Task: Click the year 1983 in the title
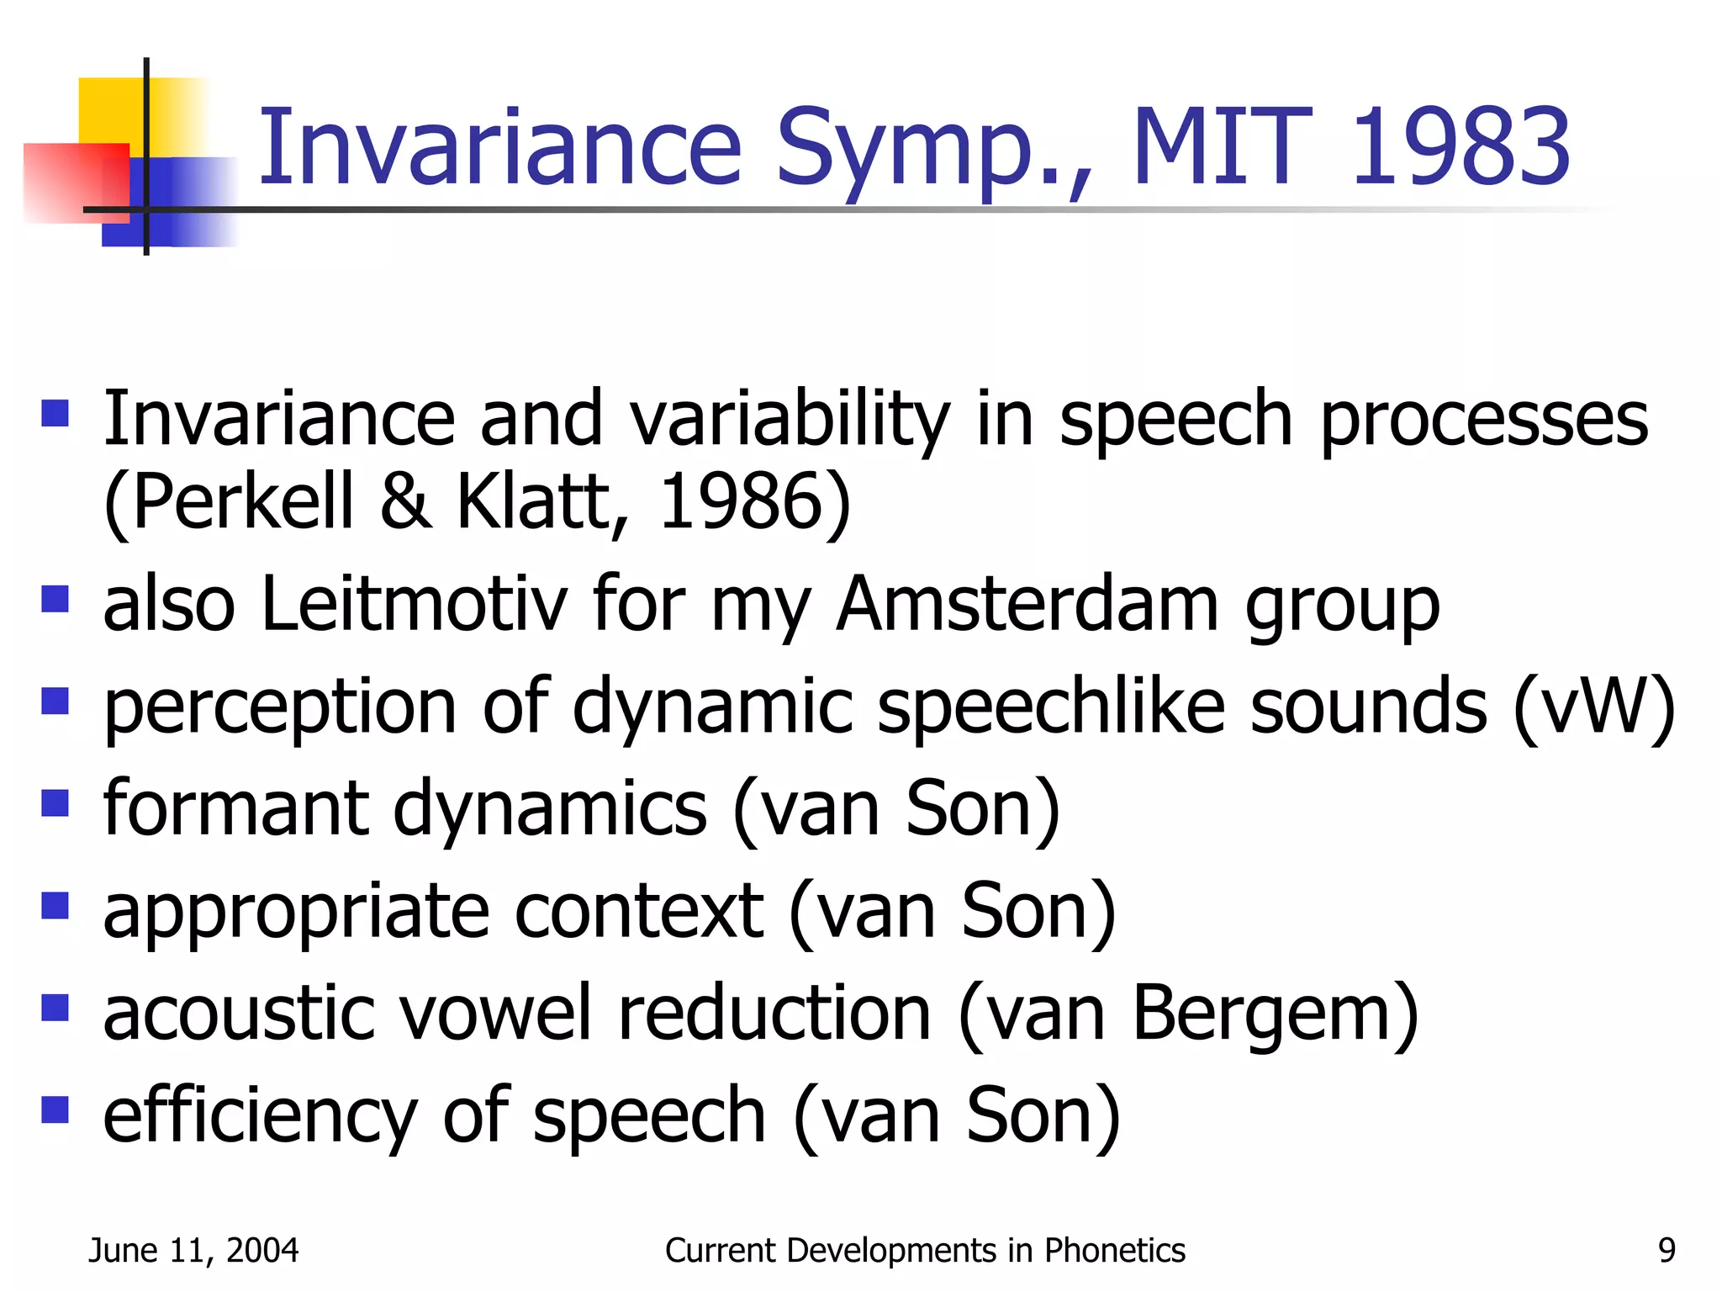1461,147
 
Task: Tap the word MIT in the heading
1221,147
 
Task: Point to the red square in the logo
71,181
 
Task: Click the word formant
235,809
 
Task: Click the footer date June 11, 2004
193,1251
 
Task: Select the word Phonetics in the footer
1114,1251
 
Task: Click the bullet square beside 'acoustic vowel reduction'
55,1007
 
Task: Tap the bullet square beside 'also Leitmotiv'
55,599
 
